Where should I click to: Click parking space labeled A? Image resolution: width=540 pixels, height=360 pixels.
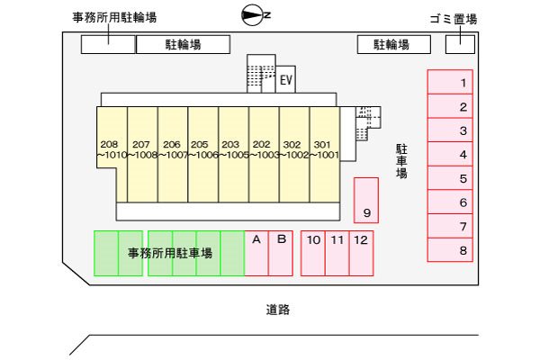tap(256, 253)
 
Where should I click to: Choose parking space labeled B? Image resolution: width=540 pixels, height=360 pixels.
tap(281, 253)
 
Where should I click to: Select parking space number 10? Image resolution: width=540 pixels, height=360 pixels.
tap(313, 253)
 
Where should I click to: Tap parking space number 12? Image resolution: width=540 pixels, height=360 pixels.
tap(361, 253)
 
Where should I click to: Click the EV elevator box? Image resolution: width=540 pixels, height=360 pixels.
tap(286, 81)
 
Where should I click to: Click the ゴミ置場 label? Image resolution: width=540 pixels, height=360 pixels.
tap(454, 18)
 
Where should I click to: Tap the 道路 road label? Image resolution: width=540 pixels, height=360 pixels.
tap(278, 310)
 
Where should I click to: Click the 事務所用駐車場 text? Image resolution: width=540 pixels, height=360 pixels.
tap(169, 254)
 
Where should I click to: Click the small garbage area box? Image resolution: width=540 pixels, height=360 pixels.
tap(460, 44)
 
